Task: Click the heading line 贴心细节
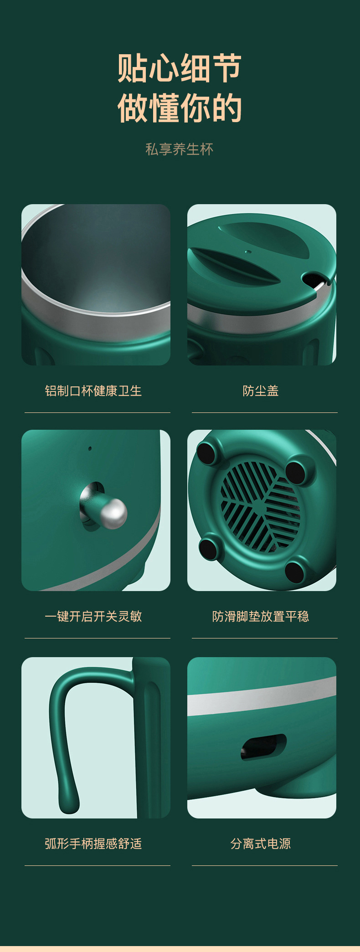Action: point(180,68)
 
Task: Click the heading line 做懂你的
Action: point(180,108)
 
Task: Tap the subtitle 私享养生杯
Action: point(180,149)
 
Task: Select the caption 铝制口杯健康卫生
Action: point(93,391)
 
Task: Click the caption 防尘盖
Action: point(261,391)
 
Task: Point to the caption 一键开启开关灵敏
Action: point(93,616)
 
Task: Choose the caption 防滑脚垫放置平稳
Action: point(261,616)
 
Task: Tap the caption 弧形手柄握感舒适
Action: point(93,844)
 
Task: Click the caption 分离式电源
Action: point(261,844)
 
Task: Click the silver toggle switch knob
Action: point(112,514)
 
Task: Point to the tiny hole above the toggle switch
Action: point(90,448)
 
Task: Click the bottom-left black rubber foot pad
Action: point(209,548)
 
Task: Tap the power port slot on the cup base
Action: point(264,747)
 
